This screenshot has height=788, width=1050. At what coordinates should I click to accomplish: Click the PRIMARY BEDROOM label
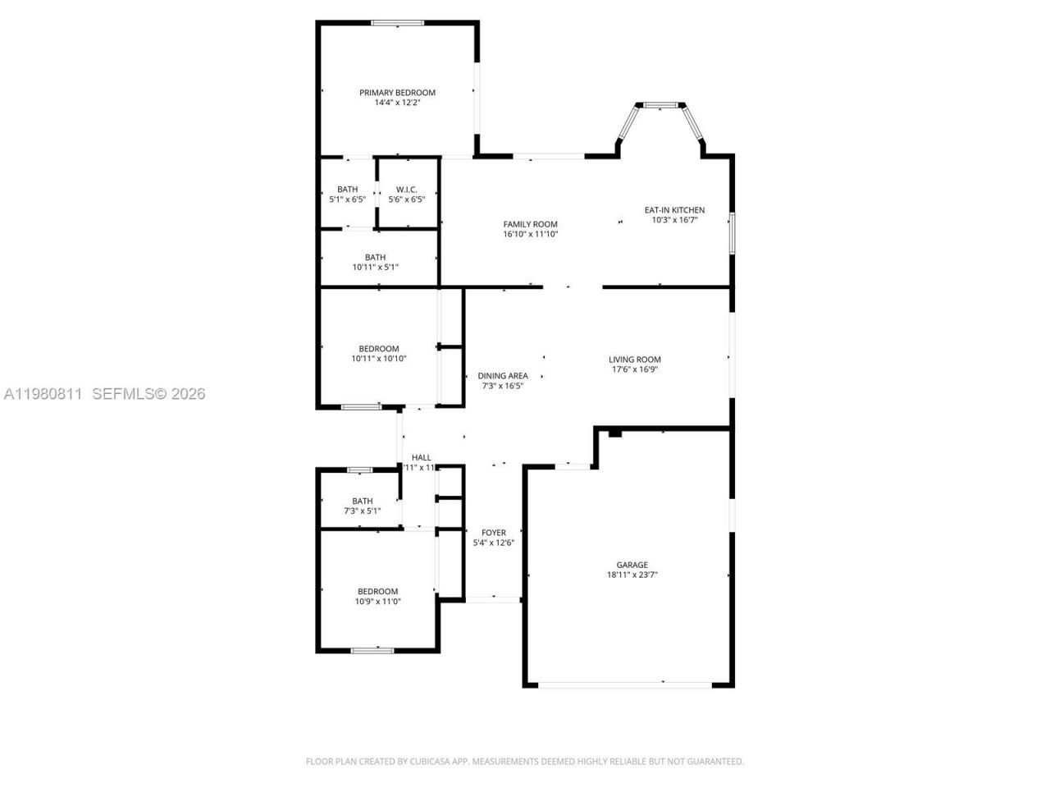tap(397, 93)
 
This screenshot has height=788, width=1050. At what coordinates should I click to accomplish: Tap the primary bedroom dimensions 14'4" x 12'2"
tap(397, 103)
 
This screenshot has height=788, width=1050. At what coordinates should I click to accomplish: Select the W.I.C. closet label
tap(407, 190)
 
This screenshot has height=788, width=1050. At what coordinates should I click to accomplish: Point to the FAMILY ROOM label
tap(530, 224)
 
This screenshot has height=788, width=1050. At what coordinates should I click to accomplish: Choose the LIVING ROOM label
tap(634, 360)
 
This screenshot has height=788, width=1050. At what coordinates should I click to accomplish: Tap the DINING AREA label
tap(503, 376)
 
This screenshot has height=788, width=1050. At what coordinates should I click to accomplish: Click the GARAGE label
tap(632, 565)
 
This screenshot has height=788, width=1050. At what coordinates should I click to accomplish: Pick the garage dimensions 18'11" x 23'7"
tap(632, 575)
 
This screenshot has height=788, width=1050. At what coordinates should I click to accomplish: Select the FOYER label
tap(494, 533)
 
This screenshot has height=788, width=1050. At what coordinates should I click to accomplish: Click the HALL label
tap(421, 458)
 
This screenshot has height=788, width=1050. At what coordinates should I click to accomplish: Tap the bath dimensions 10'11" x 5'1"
tap(375, 267)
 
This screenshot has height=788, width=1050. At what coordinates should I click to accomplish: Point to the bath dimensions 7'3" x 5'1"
tap(362, 511)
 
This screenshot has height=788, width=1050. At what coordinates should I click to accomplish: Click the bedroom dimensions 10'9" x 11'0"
tap(377, 602)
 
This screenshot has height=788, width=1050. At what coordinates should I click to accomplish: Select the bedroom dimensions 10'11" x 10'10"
tap(378, 359)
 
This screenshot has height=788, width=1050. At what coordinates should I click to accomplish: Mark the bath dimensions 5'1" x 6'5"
tap(347, 199)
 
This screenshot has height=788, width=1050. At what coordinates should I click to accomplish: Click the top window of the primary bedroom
tap(398, 23)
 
